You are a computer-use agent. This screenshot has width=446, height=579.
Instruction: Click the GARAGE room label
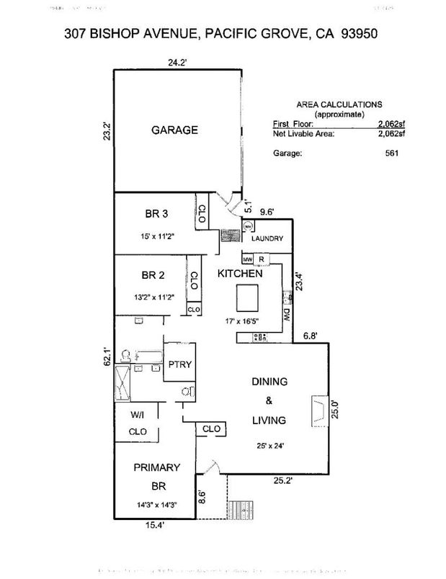pos(174,130)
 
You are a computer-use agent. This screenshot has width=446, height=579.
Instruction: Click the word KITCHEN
pos(240,274)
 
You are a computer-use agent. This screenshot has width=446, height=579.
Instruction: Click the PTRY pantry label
pos(179,364)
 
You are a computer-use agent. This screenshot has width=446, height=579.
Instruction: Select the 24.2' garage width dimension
pos(178,62)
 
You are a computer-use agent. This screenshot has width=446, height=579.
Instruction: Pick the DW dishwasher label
pos(287,315)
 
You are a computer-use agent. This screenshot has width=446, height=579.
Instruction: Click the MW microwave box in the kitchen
pos(246,259)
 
